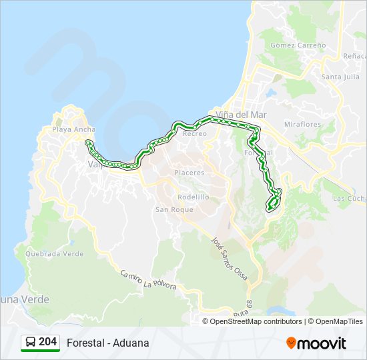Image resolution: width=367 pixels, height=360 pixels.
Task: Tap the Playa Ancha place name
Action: pos(73,129)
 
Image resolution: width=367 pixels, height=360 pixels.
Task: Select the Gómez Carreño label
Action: pos(298,45)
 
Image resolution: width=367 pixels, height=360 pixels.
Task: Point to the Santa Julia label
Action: pos(340,77)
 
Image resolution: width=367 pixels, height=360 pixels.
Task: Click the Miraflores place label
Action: pos(302,125)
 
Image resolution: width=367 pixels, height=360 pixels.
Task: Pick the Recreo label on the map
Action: pos(195,133)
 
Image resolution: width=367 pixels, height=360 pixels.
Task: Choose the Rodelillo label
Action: pos(193,197)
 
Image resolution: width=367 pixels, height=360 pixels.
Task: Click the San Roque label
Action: pos(174,209)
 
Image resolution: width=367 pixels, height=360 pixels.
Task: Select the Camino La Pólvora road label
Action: pos(149,279)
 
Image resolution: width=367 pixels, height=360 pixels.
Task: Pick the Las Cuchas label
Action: pos(348,199)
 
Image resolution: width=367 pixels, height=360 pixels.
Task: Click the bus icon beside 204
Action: pos(31,343)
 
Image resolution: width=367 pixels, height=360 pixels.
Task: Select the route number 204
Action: pos(47,343)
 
